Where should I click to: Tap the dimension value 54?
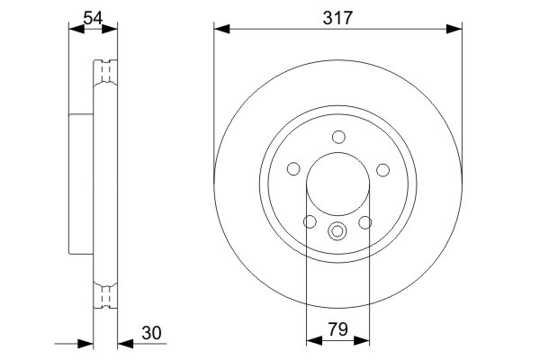click(93, 17)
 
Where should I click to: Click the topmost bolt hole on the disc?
click(338, 137)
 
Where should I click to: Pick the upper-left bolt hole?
click(293, 169)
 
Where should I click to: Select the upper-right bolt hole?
click(382, 169)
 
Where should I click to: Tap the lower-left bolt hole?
click(310, 222)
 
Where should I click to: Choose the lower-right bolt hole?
click(365, 222)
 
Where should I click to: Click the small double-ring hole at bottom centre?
click(338, 231)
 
